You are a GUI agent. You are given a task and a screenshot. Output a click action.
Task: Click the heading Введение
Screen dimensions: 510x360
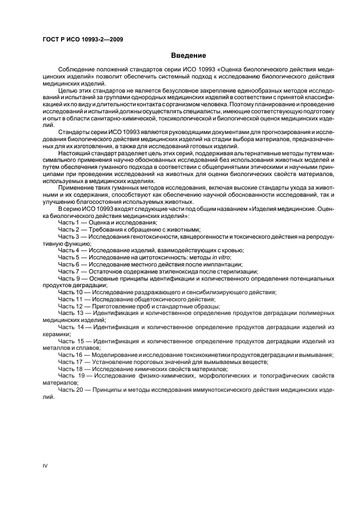[x=188, y=56]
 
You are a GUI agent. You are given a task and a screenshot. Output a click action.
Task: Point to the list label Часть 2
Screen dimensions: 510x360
[x=69, y=229]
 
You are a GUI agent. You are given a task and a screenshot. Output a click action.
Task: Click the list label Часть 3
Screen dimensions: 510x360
[x=69, y=236]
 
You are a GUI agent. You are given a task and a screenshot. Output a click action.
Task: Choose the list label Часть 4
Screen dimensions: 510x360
[x=69, y=250]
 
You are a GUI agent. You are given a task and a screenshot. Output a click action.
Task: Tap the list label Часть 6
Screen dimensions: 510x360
[x=69, y=264]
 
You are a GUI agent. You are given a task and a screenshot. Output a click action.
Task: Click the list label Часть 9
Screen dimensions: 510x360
[x=69, y=278]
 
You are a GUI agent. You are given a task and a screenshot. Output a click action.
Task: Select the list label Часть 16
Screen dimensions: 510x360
[x=71, y=355]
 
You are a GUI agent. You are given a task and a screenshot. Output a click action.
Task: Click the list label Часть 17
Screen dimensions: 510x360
[x=71, y=362]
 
